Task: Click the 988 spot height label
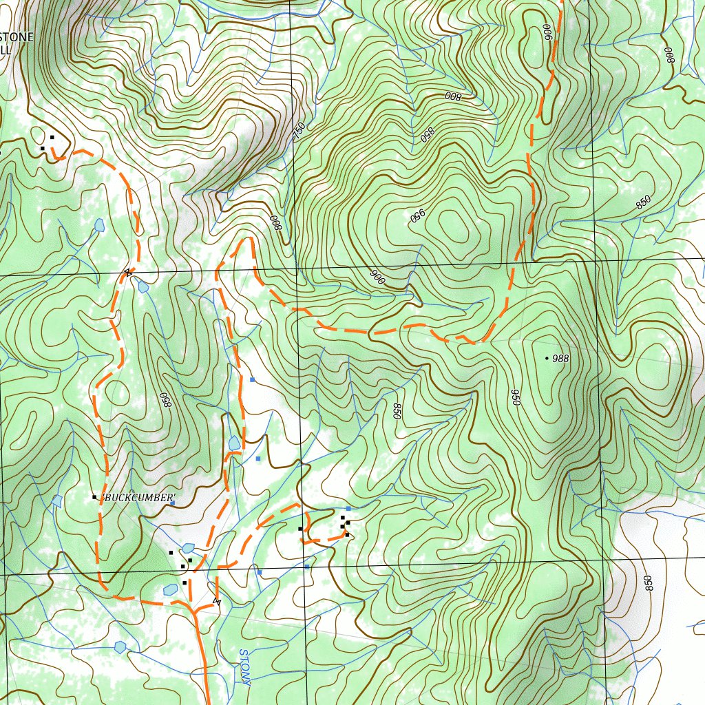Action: click(560, 359)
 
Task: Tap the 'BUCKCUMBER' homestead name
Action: click(138, 498)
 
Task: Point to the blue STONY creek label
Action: click(244, 666)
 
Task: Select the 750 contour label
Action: click(299, 131)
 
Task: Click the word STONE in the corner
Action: click(16, 37)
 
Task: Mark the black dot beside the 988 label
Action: click(547, 358)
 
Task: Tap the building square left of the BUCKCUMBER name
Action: click(94, 497)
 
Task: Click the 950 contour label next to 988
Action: click(515, 397)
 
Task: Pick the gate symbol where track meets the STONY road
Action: click(218, 602)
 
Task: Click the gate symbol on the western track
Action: click(127, 273)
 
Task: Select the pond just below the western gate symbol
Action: click(143, 286)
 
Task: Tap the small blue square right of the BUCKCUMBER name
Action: click(173, 503)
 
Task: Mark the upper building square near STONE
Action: click(52, 137)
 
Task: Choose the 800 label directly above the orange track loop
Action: click(275, 222)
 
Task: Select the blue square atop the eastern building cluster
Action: click(348, 509)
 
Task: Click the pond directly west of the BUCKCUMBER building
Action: click(57, 500)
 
